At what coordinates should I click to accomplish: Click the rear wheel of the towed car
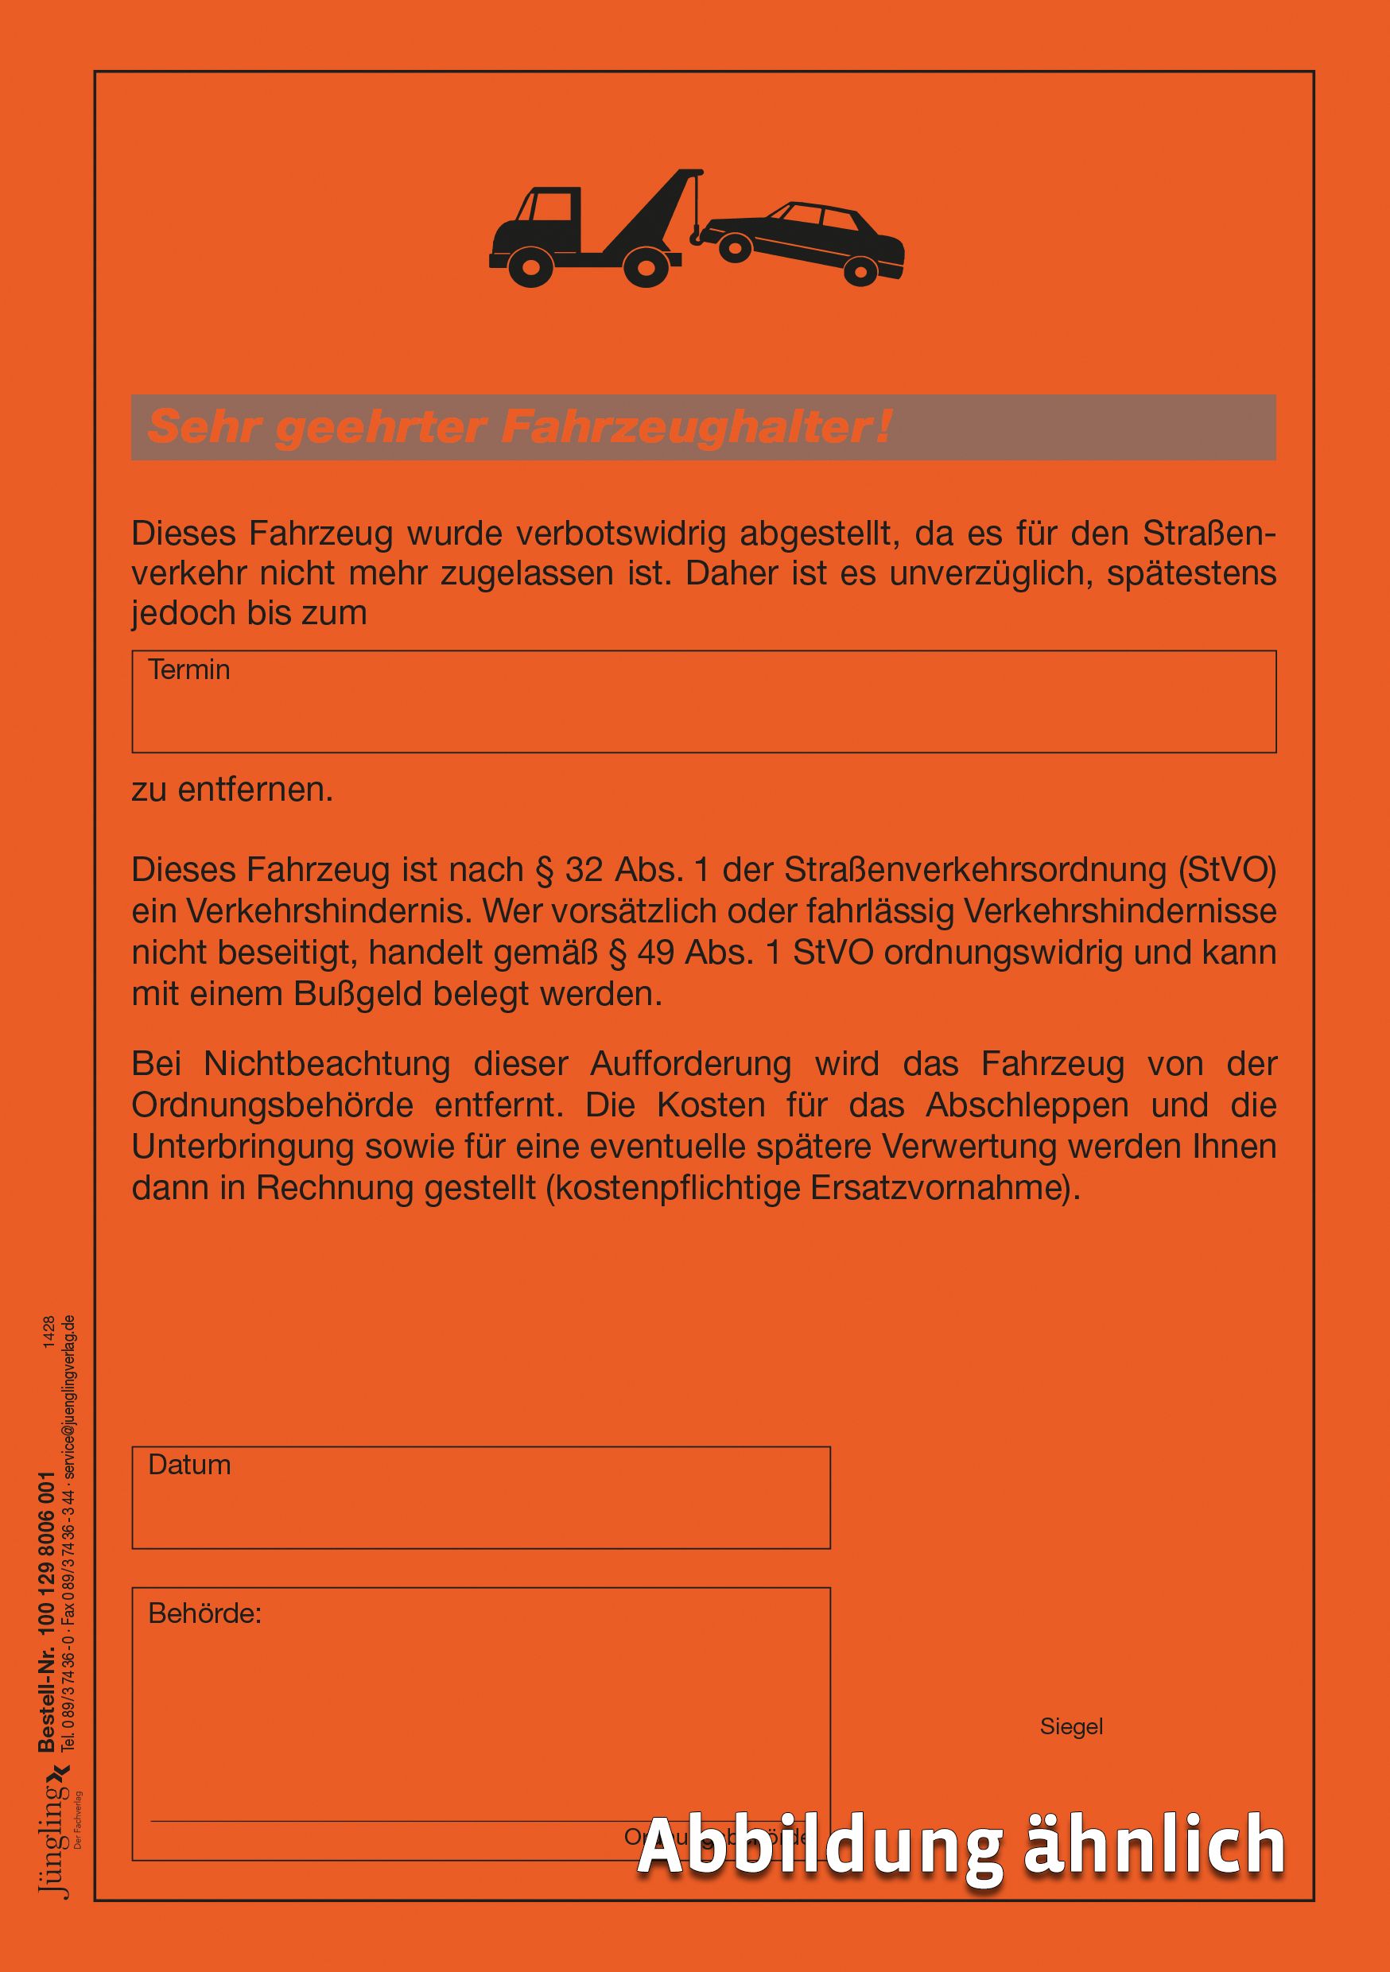(x=858, y=271)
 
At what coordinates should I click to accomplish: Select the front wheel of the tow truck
(x=530, y=267)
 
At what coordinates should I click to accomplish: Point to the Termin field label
(x=189, y=670)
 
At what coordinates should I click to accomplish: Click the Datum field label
(x=189, y=1465)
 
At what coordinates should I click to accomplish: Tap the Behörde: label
(x=204, y=1614)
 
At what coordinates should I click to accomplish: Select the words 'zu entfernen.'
(x=232, y=790)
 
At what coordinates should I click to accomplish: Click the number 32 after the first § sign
(x=585, y=870)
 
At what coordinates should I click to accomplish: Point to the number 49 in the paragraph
(x=657, y=953)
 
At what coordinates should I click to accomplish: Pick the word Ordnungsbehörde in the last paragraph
(x=272, y=1105)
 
